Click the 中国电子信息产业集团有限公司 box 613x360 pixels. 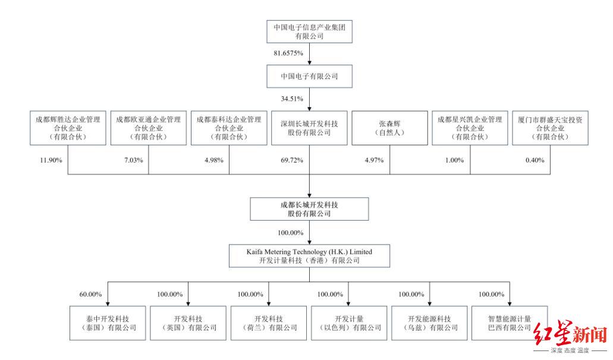[x=310, y=32]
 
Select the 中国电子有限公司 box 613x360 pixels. [x=310, y=76]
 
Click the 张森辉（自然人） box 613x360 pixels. [x=390, y=128]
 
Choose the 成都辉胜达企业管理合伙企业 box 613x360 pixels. [x=68, y=128]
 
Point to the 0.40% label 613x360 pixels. [x=534, y=161]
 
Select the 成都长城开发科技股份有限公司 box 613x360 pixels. [x=310, y=209]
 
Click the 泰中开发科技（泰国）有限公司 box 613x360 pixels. [x=108, y=323]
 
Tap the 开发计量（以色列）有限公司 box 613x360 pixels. [x=349, y=323]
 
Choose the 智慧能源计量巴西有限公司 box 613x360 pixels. [x=510, y=323]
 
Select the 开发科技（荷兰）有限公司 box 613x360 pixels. [x=269, y=323]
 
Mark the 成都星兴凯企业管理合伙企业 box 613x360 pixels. [x=470, y=128]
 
